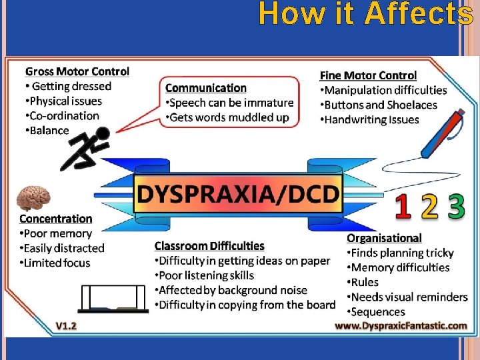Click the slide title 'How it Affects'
tap(365, 13)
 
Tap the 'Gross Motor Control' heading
tap(77, 71)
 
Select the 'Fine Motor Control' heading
tap(368, 75)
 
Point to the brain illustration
tap(34, 197)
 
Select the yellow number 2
tap(430, 207)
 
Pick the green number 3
tap(457, 207)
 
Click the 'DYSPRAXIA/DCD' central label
tap(238, 193)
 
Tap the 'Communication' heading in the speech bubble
tap(206, 88)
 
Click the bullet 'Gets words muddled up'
tap(229, 117)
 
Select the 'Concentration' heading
tap(56, 219)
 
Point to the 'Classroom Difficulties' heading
tap(209, 246)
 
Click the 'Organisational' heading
tap(384, 238)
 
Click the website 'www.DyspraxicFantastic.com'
tap(401, 325)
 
